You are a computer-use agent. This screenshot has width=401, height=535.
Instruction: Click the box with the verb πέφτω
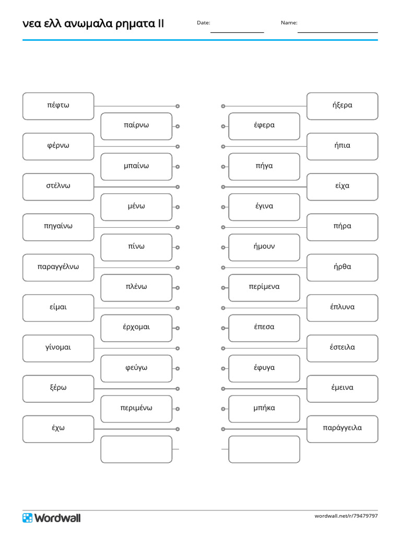pyautogui.click(x=58, y=106)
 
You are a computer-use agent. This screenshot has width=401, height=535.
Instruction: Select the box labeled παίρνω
pyautogui.click(x=136, y=126)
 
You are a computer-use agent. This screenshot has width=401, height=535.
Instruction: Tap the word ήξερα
pyautogui.click(x=343, y=105)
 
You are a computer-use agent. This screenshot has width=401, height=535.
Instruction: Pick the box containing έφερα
pyautogui.click(x=264, y=126)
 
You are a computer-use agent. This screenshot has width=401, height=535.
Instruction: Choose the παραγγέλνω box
pyautogui.click(x=58, y=267)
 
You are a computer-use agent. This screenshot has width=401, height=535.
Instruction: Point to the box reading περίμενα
pyautogui.click(x=264, y=288)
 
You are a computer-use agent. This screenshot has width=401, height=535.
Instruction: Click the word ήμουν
pyautogui.click(x=264, y=247)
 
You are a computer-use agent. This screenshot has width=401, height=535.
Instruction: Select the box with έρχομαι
pyautogui.click(x=136, y=328)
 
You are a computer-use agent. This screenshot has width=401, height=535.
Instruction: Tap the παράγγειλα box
pyautogui.click(x=343, y=429)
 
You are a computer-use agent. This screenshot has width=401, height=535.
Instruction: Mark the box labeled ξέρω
pyautogui.click(x=58, y=389)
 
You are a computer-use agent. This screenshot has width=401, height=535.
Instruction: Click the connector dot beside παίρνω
pyautogui.click(x=178, y=126)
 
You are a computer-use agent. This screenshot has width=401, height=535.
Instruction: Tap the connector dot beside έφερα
pyautogui.click(x=223, y=126)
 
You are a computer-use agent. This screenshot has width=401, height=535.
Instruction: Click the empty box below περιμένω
pyautogui.click(x=136, y=449)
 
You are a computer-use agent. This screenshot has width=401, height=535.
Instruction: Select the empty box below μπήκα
pyautogui.click(x=264, y=449)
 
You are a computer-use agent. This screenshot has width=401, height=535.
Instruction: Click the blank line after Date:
pyautogui.click(x=238, y=32)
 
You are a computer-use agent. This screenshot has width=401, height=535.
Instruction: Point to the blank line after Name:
pyautogui.click(x=338, y=32)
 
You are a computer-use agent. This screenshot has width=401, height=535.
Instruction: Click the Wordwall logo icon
pyautogui.click(x=27, y=518)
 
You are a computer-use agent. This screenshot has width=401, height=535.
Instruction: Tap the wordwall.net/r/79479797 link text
pyautogui.click(x=346, y=516)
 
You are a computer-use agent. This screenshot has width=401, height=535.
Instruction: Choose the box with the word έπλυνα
pyautogui.click(x=343, y=308)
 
